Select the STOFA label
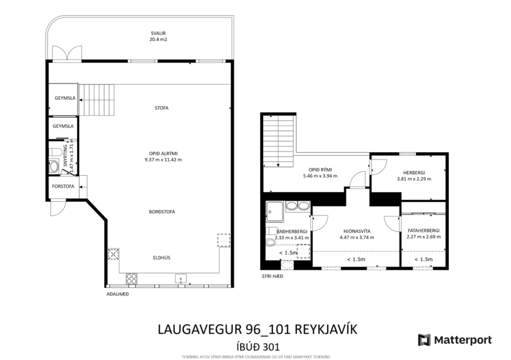tap(161, 108)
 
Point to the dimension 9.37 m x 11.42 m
tap(163, 160)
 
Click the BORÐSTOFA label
tap(161, 211)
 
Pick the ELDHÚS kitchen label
tap(161, 257)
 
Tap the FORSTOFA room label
tap(63, 187)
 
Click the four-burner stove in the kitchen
tap(132, 278)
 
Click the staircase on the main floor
tap(98, 99)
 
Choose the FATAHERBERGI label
tap(423, 231)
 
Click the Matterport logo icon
tap(424, 340)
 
